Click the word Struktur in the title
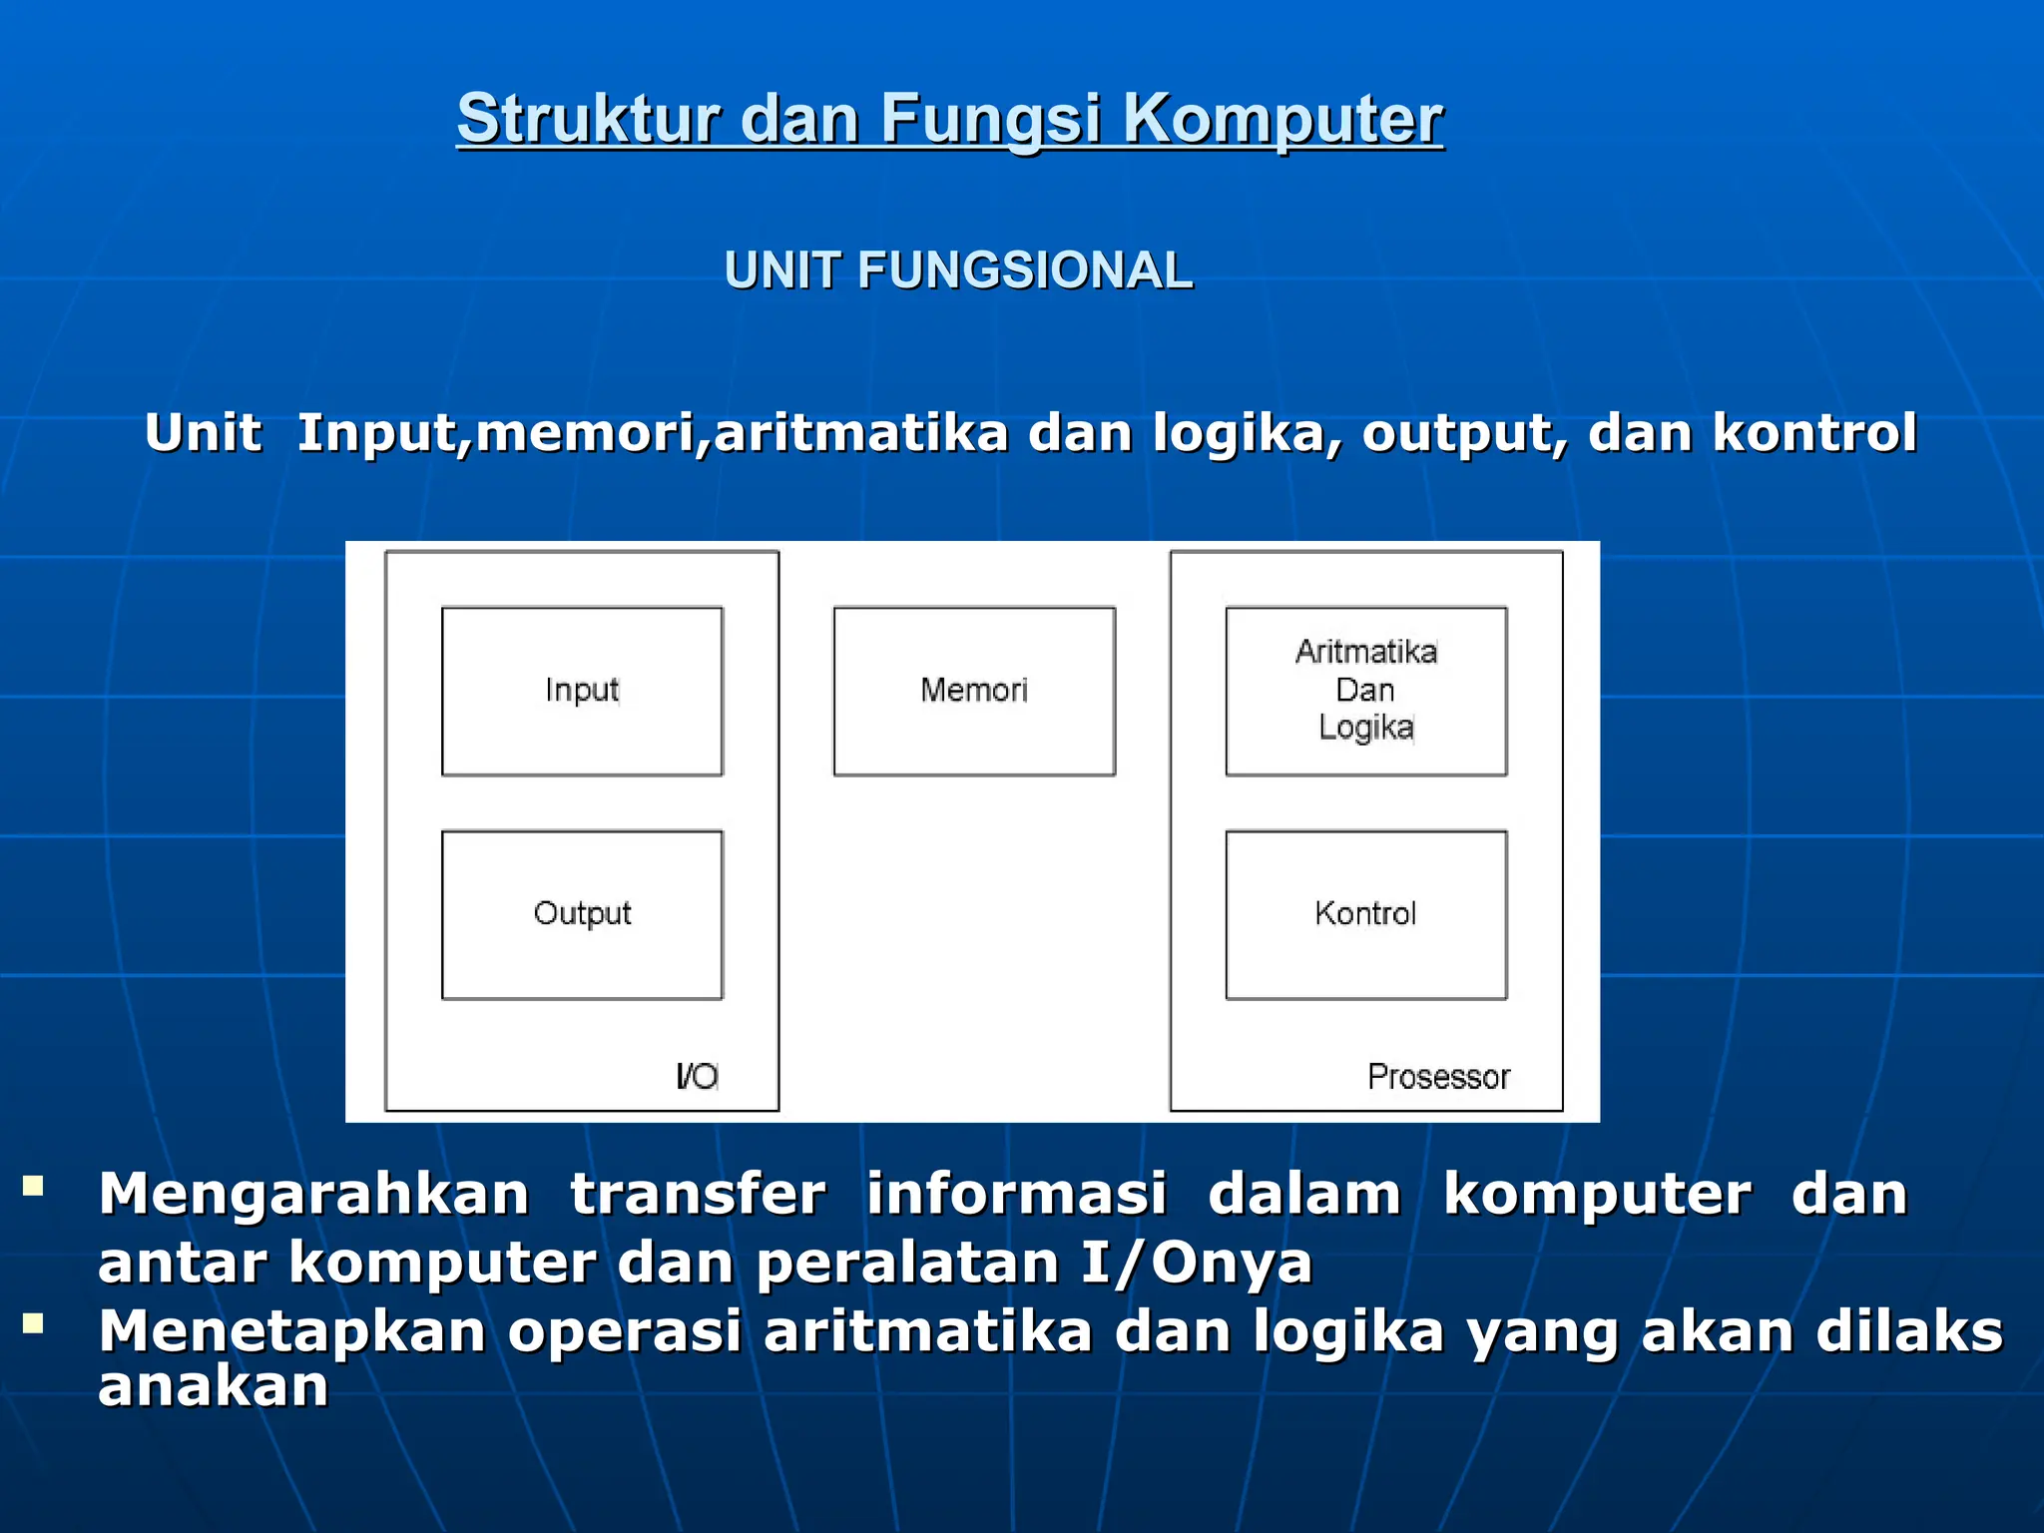coord(588,119)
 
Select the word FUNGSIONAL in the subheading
coord(1024,270)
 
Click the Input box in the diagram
coord(582,691)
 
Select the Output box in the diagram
coord(582,914)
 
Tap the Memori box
coord(974,691)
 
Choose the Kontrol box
coord(1365,914)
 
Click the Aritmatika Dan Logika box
coord(1365,691)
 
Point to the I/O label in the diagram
coord(697,1076)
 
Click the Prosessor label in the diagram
coord(1438,1077)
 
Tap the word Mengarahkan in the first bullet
coord(313,1194)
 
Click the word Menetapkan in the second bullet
coord(291,1331)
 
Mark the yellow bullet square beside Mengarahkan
coord(34,1187)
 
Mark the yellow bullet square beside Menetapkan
coord(34,1324)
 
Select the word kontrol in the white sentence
coord(1814,433)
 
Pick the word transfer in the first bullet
coord(698,1194)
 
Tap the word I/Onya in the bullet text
coord(1197,1264)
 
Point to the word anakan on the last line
coord(214,1386)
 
